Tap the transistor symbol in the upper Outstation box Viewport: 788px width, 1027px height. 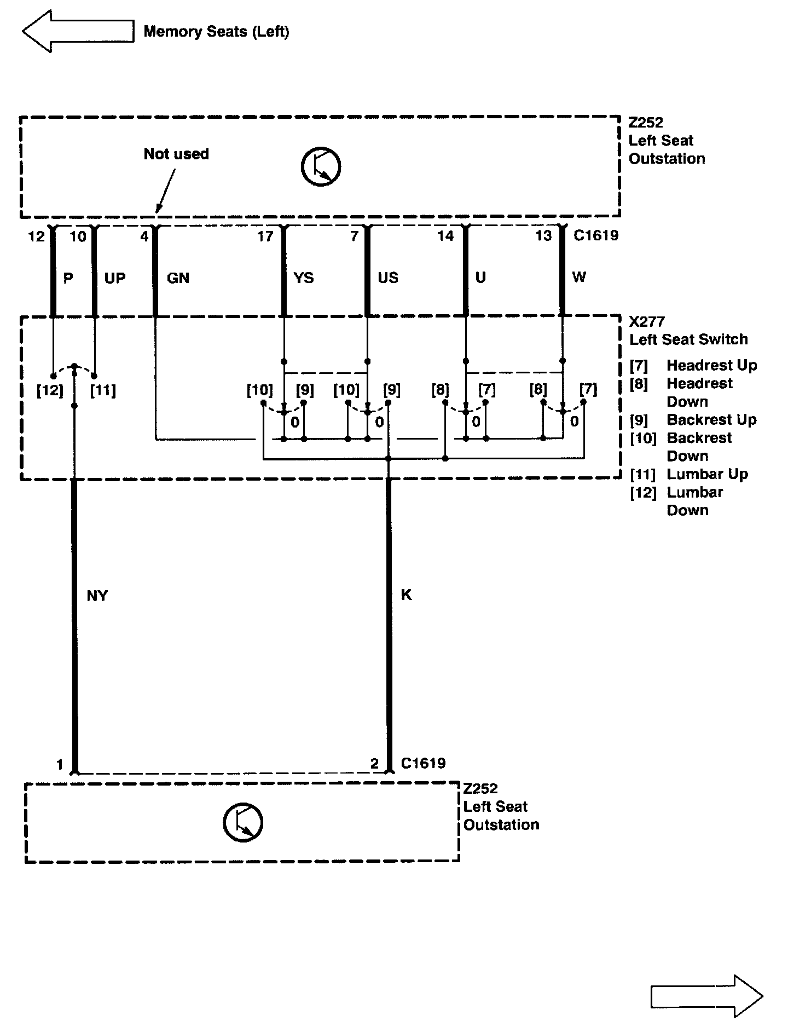click(321, 166)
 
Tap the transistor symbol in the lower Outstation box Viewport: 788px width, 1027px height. click(243, 822)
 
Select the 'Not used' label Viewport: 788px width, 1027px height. click(176, 154)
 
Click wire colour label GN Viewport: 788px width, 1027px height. click(178, 278)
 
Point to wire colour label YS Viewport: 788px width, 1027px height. click(304, 278)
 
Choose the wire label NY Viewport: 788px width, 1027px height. click(97, 596)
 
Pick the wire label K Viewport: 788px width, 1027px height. click(406, 595)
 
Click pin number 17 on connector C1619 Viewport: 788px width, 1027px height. click(265, 236)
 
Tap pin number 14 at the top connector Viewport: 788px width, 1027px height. click(445, 236)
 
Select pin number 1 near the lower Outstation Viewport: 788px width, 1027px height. click(60, 764)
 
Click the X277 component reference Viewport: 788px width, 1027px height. click(647, 321)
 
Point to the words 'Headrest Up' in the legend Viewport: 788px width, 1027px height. click(711, 365)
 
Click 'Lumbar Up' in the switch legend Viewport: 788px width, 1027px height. click(707, 474)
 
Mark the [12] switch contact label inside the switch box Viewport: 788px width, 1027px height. click(50, 390)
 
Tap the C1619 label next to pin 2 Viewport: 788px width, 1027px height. click(423, 763)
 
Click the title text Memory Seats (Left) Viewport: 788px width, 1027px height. click(216, 32)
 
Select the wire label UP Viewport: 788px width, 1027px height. click(115, 278)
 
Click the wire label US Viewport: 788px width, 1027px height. click(388, 278)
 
